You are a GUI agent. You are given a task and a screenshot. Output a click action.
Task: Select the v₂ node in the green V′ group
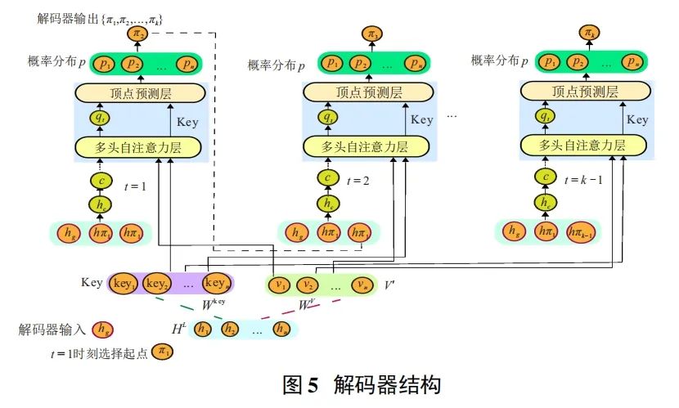point(307,285)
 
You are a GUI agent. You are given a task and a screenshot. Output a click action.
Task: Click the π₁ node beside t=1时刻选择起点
point(163,352)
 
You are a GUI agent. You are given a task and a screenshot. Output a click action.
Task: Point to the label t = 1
point(135,186)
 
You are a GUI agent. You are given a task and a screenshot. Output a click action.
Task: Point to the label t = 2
point(357,181)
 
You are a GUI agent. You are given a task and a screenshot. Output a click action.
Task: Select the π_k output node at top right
point(587,33)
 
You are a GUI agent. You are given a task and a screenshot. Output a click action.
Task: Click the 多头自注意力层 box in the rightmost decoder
point(582,146)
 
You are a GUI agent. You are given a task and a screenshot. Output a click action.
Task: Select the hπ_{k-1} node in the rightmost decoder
point(576,231)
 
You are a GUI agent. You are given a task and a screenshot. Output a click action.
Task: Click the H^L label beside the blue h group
point(180,328)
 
